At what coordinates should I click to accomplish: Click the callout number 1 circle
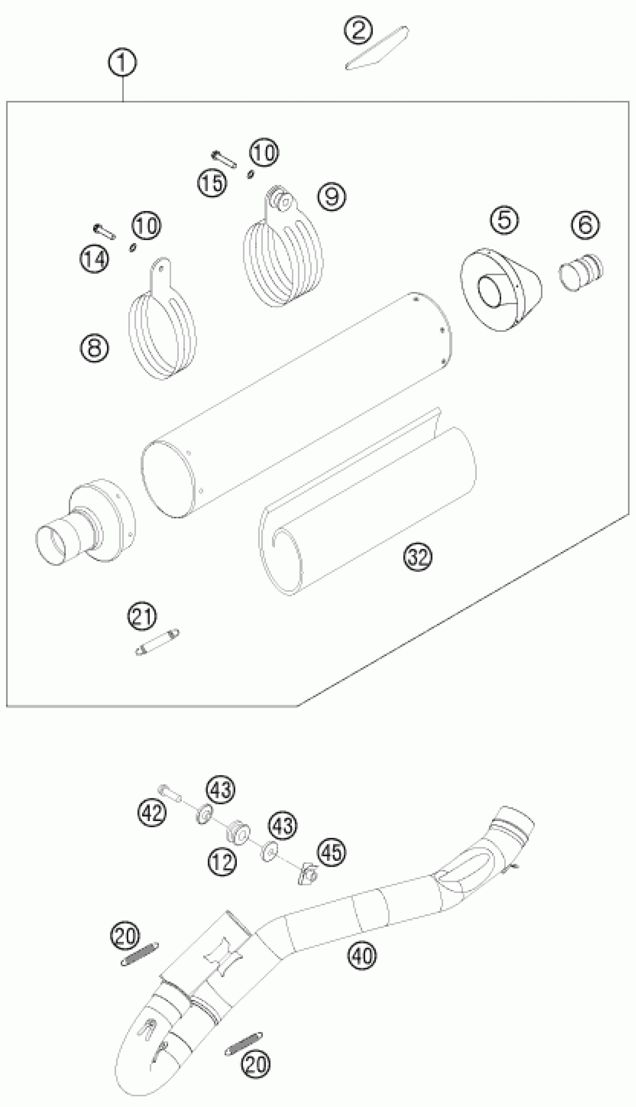click(x=122, y=62)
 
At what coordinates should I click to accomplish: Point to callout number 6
click(x=585, y=225)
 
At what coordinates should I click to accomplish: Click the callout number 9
click(x=331, y=196)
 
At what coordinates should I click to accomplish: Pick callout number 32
click(x=418, y=556)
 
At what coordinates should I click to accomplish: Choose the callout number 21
click(x=142, y=616)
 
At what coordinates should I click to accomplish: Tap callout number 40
click(x=362, y=955)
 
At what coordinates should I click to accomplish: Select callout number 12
click(x=221, y=862)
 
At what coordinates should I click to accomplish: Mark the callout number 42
click(x=152, y=812)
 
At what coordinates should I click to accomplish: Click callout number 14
click(x=94, y=259)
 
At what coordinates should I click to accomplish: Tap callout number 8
click(x=94, y=348)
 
